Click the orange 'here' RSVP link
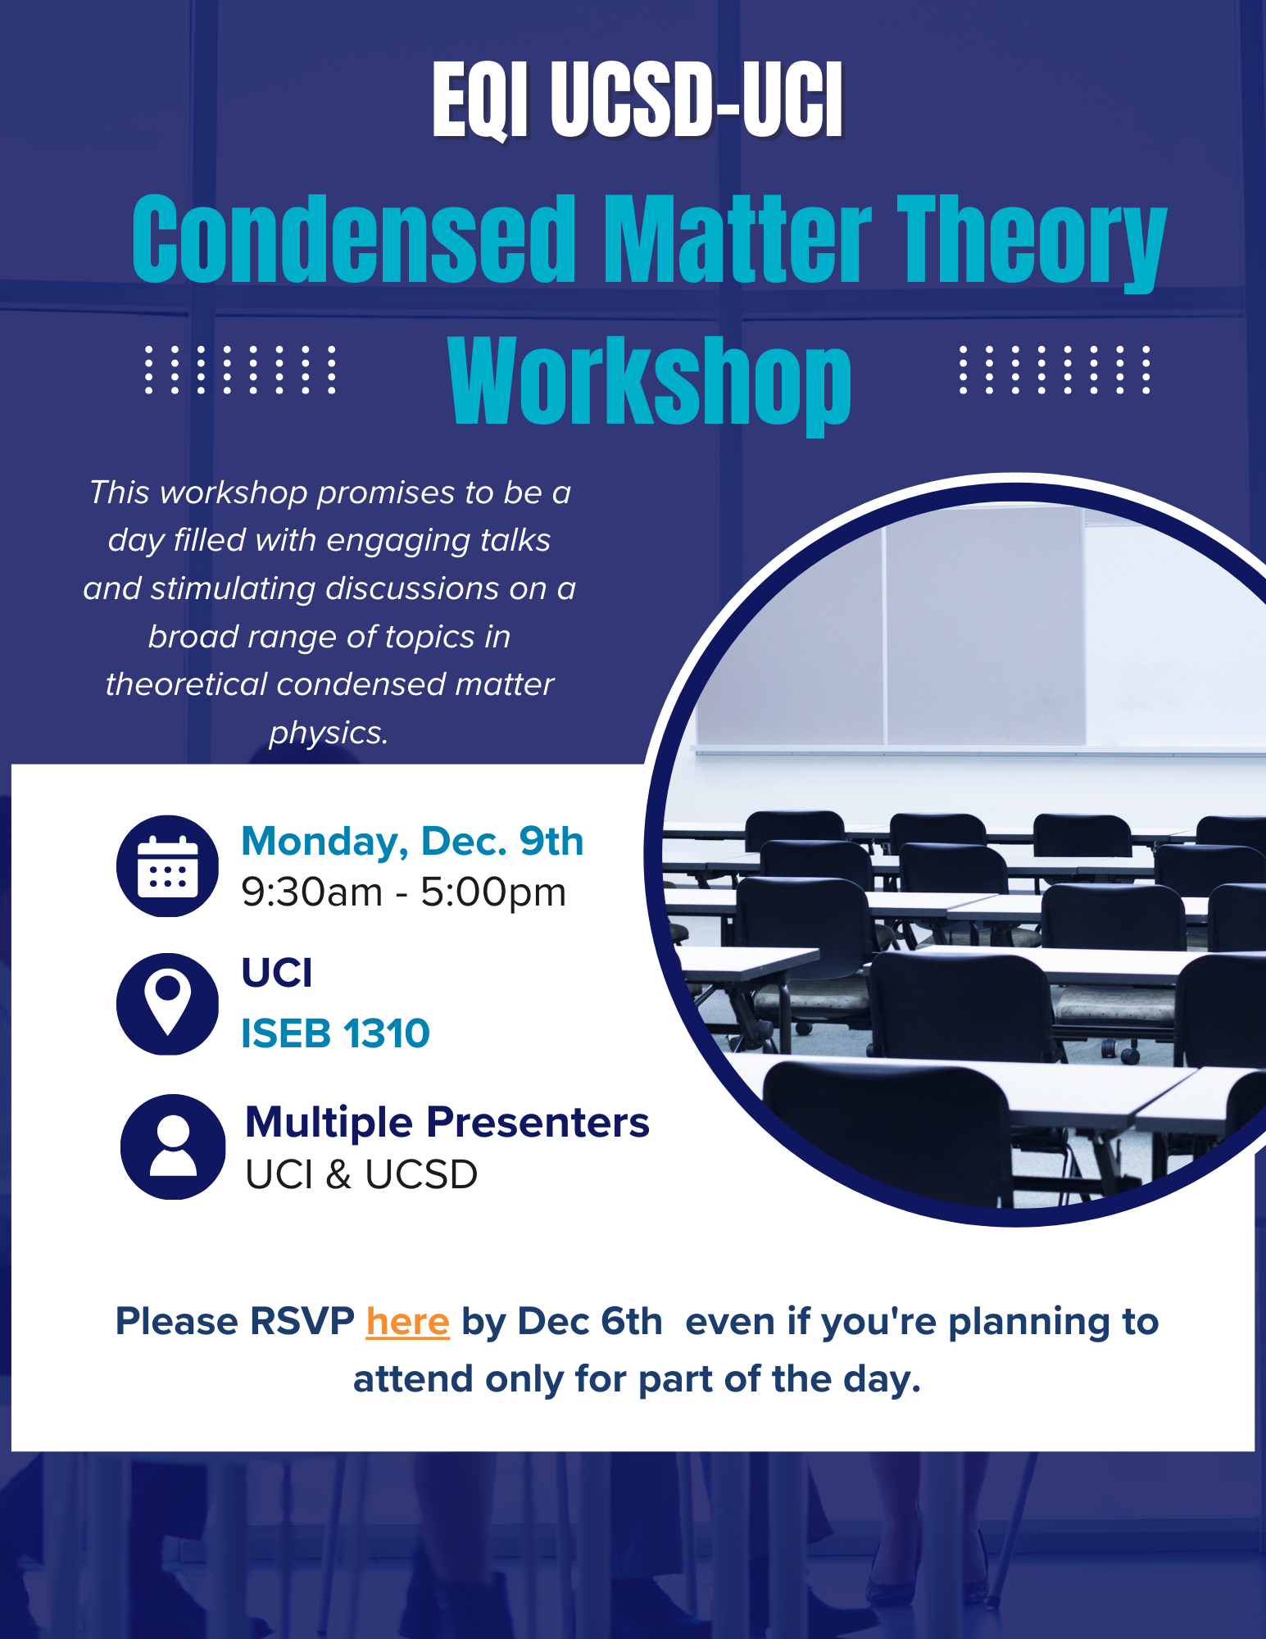[x=407, y=1322]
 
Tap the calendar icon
[x=168, y=866]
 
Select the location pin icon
[x=168, y=1004]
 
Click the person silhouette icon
[x=173, y=1146]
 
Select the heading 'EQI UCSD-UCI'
[x=638, y=101]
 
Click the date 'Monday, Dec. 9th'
[x=412, y=842]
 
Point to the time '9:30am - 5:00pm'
[x=403, y=892]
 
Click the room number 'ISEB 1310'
[x=335, y=1033]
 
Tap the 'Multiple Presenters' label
[x=447, y=1123]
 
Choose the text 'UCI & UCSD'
[x=361, y=1175]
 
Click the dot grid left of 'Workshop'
[x=240, y=370]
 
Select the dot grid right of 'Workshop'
[x=1055, y=370]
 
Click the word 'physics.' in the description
[x=329, y=733]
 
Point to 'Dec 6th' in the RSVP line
[x=590, y=1322]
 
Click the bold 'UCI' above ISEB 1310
[x=277, y=974]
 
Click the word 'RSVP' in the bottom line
[x=302, y=1322]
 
